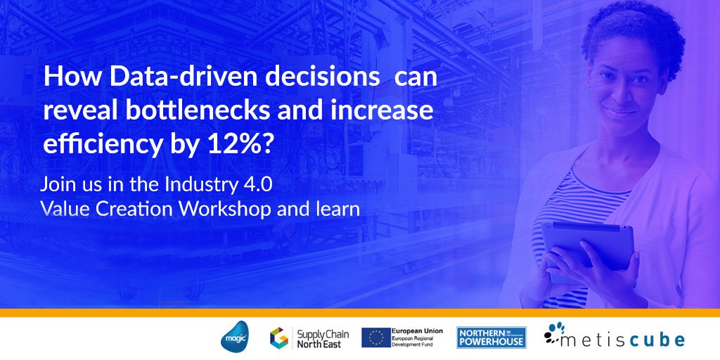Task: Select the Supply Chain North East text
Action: click(x=319, y=337)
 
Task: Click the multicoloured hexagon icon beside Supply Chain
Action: click(x=279, y=337)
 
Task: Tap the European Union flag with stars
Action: click(x=376, y=337)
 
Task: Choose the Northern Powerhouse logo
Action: click(x=491, y=337)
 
